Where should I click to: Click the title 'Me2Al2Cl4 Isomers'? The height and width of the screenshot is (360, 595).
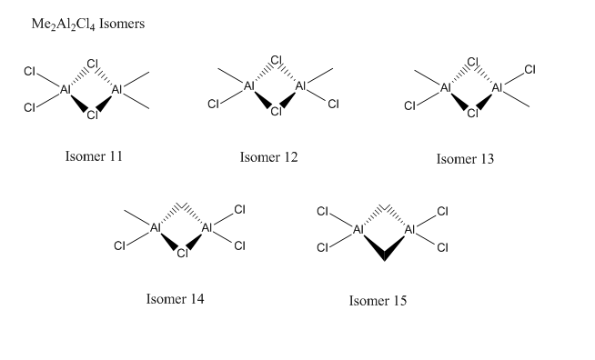point(88,25)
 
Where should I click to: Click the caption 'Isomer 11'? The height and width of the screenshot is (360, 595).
point(94,156)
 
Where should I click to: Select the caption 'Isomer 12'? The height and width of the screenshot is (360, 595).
point(268,157)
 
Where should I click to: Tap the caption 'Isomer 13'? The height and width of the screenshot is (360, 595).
point(465,159)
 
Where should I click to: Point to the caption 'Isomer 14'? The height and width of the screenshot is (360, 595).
point(175,299)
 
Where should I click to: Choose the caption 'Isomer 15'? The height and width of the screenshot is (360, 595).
point(378,301)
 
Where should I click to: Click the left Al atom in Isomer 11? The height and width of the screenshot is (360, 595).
point(66,89)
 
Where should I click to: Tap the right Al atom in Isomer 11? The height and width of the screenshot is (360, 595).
point(116,89)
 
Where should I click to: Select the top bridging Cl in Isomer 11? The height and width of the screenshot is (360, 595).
point(93,64)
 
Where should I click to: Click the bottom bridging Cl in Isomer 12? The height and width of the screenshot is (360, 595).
point(277,112)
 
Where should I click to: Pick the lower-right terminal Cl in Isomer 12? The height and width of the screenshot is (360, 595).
point(333,104)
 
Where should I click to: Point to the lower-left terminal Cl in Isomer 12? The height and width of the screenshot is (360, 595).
point(213,104)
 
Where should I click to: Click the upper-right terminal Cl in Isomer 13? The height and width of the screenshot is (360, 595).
point(529,70)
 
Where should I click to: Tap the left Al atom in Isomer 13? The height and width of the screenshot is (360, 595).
point(446,88)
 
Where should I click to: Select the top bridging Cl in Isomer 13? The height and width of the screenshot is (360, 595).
point(473,62)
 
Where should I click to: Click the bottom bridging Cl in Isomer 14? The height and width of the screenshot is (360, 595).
point(183,253)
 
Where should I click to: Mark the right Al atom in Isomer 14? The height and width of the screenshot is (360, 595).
point(207,228)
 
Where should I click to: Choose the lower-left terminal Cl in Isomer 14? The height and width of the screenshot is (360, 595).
point(119,246)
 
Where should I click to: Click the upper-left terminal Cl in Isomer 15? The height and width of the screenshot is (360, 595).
point(322,211)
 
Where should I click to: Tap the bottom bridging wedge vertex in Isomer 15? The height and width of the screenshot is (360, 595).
point(384,260)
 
